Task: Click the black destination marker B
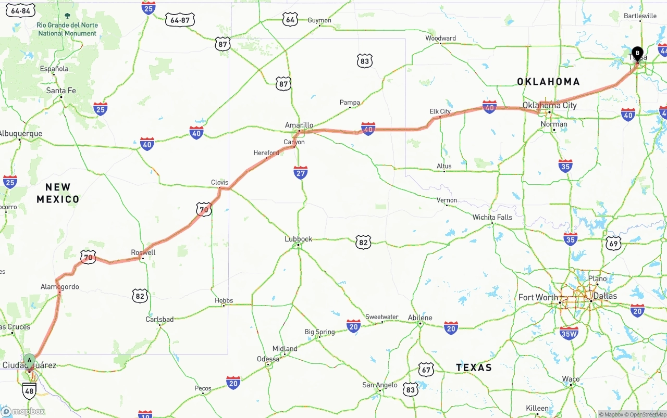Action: (637, 53)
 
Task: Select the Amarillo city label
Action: (299, 125)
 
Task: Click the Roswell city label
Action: (143, 252)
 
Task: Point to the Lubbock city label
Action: (298, 239)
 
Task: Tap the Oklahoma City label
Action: (550, 105)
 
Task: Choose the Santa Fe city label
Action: (61, 91)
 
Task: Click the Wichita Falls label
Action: (492, 217)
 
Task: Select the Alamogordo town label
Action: (60, 287)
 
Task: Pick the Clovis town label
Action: (219, 182)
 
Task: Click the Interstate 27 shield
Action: (301, 173)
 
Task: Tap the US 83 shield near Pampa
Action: (365, 61)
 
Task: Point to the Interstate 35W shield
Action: (569, 333)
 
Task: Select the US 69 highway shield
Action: (613, 243)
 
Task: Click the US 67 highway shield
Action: (426, 370)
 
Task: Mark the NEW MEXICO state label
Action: (58, 193)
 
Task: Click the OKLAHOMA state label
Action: (548, 81)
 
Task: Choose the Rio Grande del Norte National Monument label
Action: (67, 29)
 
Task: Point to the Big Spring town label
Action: (319, 332)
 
